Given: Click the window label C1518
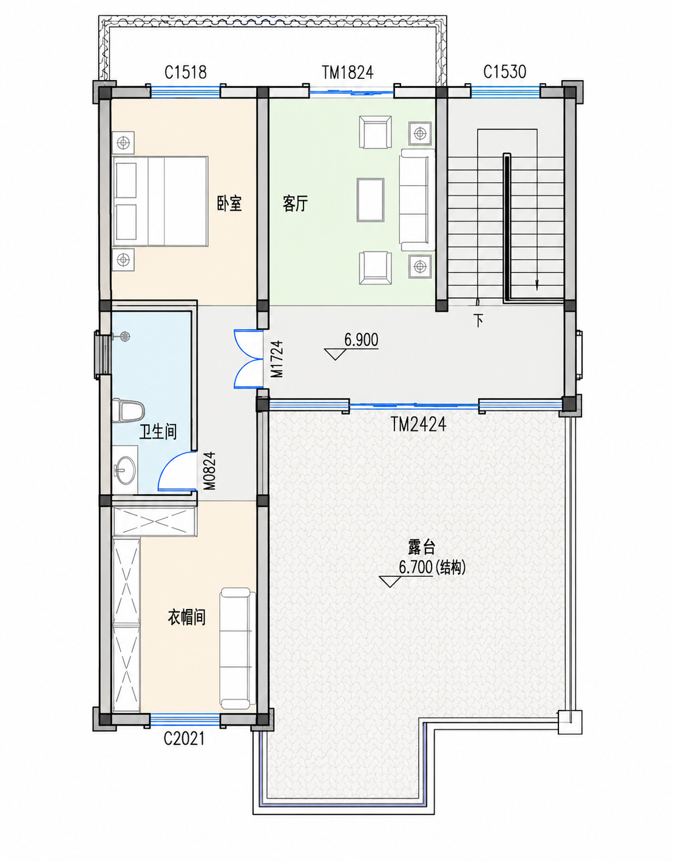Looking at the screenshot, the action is coord(186,72).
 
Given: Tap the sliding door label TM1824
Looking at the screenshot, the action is coord(348,72).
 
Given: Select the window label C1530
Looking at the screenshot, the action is coord(505,72).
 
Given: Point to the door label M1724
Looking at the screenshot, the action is coord(277,359).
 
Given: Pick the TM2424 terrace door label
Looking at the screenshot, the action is coord(419,425).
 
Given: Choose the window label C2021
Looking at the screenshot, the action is coord(184,738).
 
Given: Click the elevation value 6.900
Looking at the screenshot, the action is coord(361,340).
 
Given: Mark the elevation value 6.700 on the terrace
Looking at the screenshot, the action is coord(415,567).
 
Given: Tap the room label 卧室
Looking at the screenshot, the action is coord(229,203).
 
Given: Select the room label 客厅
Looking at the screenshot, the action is coord(296,204).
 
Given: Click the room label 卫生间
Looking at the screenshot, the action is coord(158,432).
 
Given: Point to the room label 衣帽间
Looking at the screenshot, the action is coord(187,618).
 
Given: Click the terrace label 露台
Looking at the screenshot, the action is coord(422,548).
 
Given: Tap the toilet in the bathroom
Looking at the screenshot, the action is coord(127,410).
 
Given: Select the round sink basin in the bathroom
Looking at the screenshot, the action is coord(124,471).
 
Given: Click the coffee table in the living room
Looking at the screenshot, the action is coord(370,200).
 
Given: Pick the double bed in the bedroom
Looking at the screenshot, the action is coord(160,201).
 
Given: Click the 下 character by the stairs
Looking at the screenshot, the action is coord(479,321).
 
